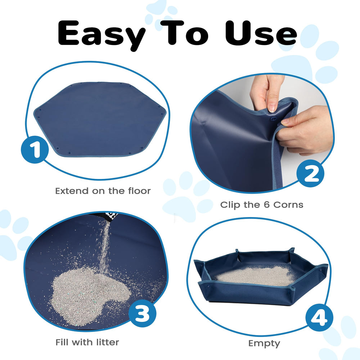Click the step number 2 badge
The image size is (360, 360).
click(x=310, y=174)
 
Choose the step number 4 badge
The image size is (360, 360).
click(x=319, y=319)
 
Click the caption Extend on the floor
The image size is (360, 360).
click(x=103, y=191)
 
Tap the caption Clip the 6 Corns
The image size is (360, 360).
click(x=262, y=205)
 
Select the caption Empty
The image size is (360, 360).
click(x=264, y=343)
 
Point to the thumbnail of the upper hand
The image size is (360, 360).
click(x=273, y=107)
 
